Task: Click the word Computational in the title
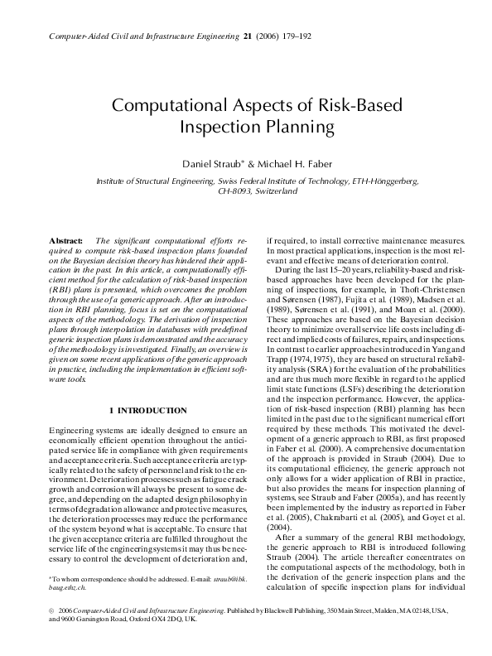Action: click(169, 108)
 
